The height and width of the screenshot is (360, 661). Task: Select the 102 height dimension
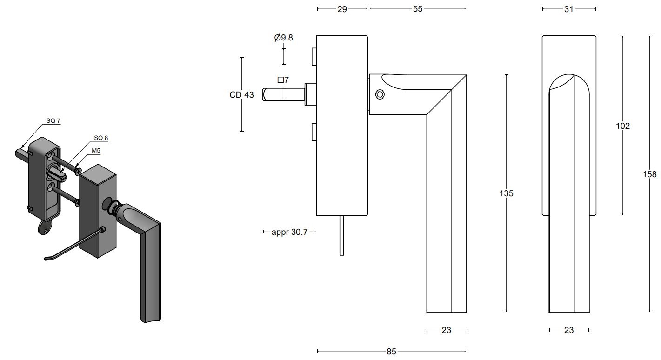(x=622, y=126)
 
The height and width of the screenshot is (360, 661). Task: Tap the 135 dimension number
(x=506, y=193)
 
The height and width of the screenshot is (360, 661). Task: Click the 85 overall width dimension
(x=391, y=352)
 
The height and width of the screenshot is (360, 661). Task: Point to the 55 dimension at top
(x=418, y=9)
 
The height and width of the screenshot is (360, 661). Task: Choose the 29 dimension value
(x=342, y=9)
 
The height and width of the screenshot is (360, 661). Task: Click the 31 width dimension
(x=568, y=9)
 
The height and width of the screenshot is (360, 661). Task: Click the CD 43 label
(x=241, y=95)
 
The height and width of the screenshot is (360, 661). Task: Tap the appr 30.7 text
(x=289, y=232)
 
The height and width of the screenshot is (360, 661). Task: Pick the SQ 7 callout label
(x=53, y=120)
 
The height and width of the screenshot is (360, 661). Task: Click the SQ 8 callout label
(x=101, y=138)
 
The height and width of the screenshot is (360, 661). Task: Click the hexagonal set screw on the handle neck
(x=380, y=95)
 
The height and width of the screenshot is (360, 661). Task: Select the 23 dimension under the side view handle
(x=446, y=330)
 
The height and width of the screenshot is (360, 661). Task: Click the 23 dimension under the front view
(x=568, y=330)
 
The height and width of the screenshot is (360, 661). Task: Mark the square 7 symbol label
(x=283, y=80)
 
